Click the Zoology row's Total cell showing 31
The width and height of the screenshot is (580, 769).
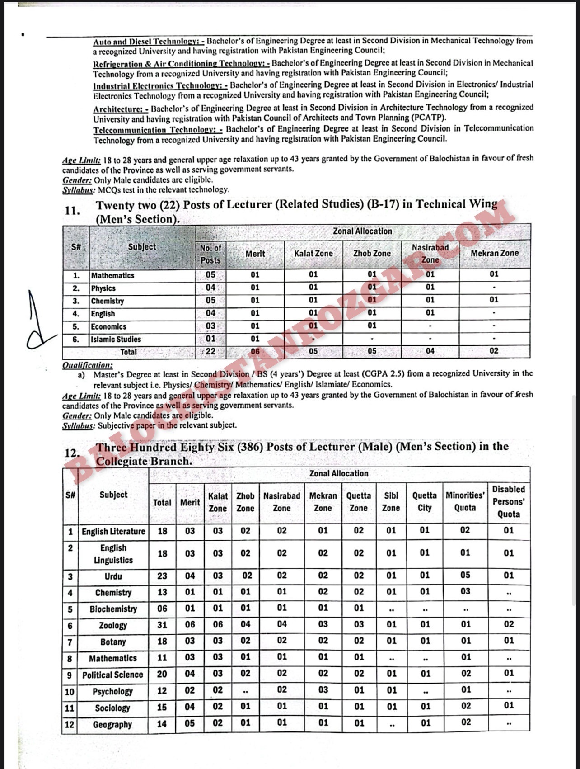[x=162, y=625]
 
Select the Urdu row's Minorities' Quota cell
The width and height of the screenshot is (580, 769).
[x=465, y=575]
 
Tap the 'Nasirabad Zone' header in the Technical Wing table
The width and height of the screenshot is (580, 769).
[x=430, y=254]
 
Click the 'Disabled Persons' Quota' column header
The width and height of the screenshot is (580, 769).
[x=509, y=501]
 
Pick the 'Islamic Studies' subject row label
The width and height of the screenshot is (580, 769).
[x=116, y=339]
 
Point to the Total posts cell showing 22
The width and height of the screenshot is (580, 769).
[x=210, y=351]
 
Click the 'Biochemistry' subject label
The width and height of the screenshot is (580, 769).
[x=113, y=609]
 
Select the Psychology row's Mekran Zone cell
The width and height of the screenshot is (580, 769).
[x=323, y=690]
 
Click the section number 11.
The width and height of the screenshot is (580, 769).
[x=73, y=211]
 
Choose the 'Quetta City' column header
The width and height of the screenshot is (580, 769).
[x=425, y=501]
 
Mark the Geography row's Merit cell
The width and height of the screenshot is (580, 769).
[x=190, y=723]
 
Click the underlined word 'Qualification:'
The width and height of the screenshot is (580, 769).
[x=88, y=365]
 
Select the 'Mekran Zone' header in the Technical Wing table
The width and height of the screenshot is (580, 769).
[x=495, y=254]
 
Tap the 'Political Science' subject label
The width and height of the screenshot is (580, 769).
[x=113, y=675]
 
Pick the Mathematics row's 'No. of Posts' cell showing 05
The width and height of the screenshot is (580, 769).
[x=210, y=275]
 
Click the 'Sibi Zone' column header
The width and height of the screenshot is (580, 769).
[x=391, y=501]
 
